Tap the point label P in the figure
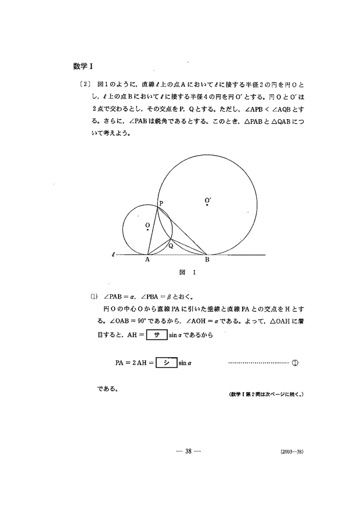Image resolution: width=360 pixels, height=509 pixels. [161, 203]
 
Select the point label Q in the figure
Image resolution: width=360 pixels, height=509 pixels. [170, 246]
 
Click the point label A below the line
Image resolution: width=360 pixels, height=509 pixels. [147, 260]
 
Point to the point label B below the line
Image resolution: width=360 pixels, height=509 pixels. [207, 260]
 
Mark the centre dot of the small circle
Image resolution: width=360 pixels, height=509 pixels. [148, 230]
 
